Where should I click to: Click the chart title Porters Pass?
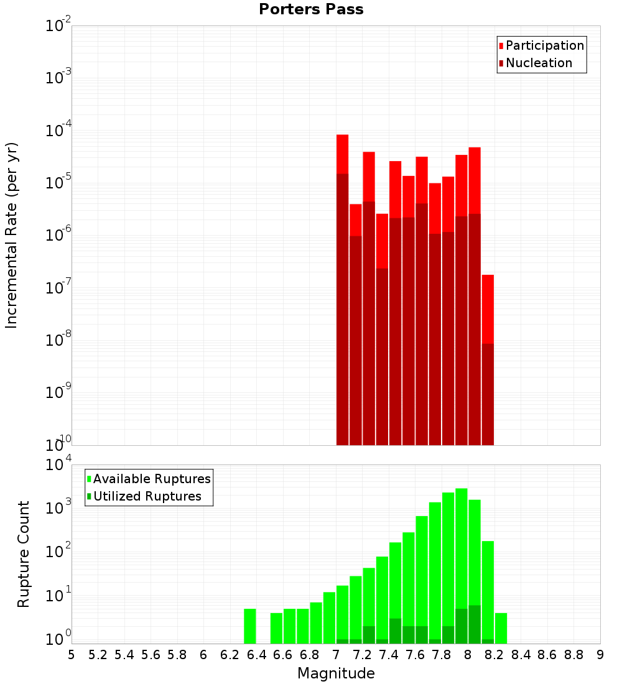tap(311, 9)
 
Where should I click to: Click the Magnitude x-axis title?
tap(336, 673)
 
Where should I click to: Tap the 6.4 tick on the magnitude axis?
tap(256, 655)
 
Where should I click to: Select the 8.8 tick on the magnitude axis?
tap(573, 655)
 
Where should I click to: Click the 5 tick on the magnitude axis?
tap(72, 655)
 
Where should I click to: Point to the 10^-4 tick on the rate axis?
tap(58, 131)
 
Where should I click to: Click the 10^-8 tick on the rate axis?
tap(58, 340)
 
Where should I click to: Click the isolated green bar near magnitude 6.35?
tap(249, 626)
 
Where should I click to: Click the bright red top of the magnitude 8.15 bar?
tap(488, 308)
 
